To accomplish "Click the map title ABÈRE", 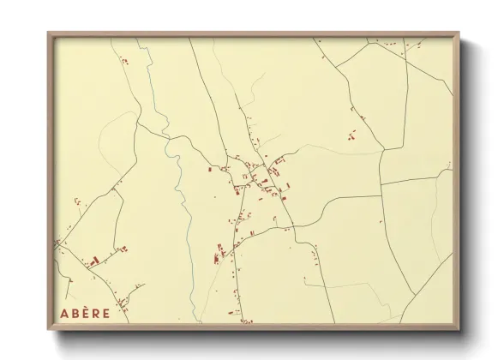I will [x=85, y=313].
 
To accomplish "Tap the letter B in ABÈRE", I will [x=75, y=313].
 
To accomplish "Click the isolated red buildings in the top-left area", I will [x=123, y=61].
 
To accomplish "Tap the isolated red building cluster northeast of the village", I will [x=351, y=134].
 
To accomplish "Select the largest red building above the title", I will [x=95, y=258].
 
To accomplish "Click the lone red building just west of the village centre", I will [x=211, y=171].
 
